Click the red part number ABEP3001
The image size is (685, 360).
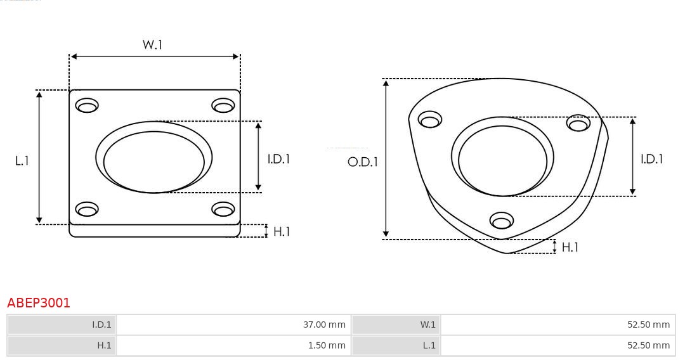(x=39, y=303)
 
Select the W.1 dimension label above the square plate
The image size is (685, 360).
(x=152, y=45)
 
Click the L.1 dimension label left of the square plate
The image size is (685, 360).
(x=22, y=161)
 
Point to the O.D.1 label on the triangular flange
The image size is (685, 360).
(x=362, y=162)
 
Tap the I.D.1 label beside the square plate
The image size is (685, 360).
(x=278, y=159)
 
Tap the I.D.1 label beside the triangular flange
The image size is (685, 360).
(x=651, y=159)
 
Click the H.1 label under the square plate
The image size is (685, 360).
(x=282, y=232)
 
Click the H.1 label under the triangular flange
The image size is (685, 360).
(x=570, y=247)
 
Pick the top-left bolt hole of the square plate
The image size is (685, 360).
(x=87, y=106)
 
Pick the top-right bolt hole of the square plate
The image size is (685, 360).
(x=223, y=106)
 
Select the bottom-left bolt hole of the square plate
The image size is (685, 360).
(x=87, y=209)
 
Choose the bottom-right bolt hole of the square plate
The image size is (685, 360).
(x=223, y=209)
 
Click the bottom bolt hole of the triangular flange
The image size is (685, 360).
(x=502, y=221)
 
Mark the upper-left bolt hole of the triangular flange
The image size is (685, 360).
(x=430, y=120)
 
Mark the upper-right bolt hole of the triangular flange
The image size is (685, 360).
(x=578, y=124)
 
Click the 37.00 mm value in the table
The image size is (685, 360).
(x=324, y=325)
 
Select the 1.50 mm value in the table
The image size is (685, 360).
(x=326, y=345)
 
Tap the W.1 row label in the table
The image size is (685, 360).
(x=428, y=325)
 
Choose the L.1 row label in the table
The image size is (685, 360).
(x=429, y=345)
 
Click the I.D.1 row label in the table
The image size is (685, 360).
(x=101, y=325)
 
